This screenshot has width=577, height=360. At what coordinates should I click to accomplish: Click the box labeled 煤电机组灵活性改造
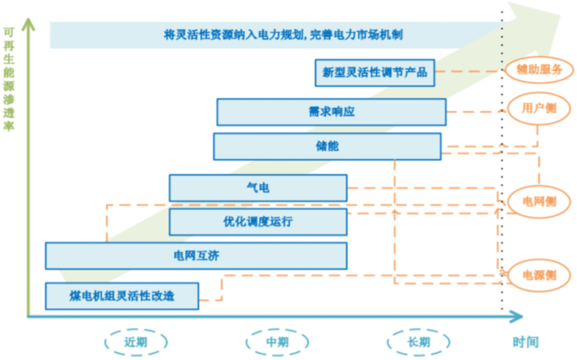tap(122, 296)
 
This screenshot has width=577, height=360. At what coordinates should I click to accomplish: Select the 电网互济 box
tap(196, 256)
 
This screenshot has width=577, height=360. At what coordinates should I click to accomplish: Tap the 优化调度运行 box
tap(258, 222)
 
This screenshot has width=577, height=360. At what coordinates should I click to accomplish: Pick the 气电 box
tap(258, 188)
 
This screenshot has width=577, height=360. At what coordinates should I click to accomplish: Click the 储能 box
tap(327, 146)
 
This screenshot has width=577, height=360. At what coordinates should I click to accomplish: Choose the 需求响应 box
tap(331, 112)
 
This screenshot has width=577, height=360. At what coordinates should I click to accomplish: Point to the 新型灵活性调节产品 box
tap(375, 72)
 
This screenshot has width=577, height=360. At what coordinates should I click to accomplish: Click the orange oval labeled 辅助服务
tap(539, 69)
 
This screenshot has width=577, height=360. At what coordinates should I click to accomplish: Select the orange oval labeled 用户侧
tap(539, 108)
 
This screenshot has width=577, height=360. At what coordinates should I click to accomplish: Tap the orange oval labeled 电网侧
tap(539, 201)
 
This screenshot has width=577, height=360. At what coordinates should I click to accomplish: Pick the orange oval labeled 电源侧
tap(539, 276)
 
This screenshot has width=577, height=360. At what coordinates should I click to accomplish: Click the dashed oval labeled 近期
tap(136, 342)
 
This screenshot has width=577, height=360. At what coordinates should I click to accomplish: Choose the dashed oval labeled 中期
tap(277, 342)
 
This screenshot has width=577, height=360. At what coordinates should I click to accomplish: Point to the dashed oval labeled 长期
tap(418, 342)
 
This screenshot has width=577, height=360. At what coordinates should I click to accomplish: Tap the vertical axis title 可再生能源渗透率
tap(9, 79)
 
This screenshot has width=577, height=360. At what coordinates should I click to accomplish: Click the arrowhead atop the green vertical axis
tap(28, 24)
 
